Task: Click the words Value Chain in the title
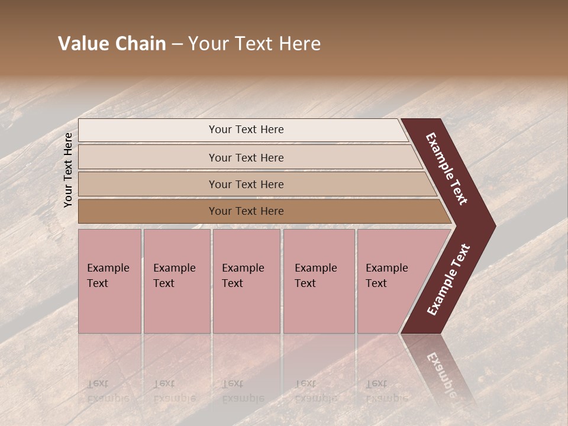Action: (112, 44)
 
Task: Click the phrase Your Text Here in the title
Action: (254, 44)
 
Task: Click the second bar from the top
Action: (246, 157)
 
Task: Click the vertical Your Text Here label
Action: (68, 170)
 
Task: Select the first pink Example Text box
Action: (109, 280)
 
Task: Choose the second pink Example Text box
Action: (176, 280)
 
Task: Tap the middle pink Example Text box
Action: (246, 280)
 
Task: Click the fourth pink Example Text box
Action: (318, 280)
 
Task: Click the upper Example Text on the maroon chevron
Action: (447, 169)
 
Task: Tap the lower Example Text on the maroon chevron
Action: (448, 279)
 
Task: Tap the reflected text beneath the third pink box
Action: (243, 390)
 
